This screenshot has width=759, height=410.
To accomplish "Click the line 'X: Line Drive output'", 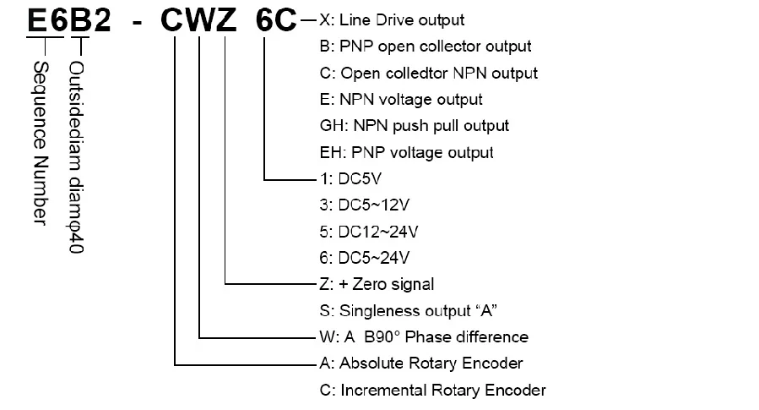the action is (x=392, y=20).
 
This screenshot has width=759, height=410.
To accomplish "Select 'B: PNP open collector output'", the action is (x=426, y=46).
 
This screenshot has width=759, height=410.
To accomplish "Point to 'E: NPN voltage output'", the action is (x=401, y=100).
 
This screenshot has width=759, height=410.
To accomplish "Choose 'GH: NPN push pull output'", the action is (x=415, y=125).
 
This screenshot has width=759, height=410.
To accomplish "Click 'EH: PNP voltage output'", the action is (x=407, y=152).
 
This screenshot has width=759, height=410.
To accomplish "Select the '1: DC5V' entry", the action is (x=350, y=179).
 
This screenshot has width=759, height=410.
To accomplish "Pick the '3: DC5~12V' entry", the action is (x=365, y=205).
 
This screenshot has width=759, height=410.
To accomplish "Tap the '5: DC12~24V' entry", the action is (x=369, y=232).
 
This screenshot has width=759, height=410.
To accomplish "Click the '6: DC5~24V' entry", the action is (x=365, y=258).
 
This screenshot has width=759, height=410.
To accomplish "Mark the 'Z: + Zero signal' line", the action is (x=377, y=284).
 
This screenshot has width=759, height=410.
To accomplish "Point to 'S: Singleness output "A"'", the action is (x=408, y=310).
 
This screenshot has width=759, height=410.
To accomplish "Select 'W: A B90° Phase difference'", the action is (x=424, y=336).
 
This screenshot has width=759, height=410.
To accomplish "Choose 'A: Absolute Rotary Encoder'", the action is (x=421, y=364).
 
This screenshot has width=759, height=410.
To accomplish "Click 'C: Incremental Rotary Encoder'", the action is (x=433, y=390).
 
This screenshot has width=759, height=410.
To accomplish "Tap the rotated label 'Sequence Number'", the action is (x=41, y=143).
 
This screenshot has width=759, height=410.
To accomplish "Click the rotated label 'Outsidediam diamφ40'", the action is (x=76, y=157).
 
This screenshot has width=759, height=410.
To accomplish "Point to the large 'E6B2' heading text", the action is (x=69, y=20).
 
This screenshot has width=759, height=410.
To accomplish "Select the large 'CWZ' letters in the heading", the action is (x=198, y=20).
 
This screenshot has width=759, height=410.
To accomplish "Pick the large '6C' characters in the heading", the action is (x=276, y=20).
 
